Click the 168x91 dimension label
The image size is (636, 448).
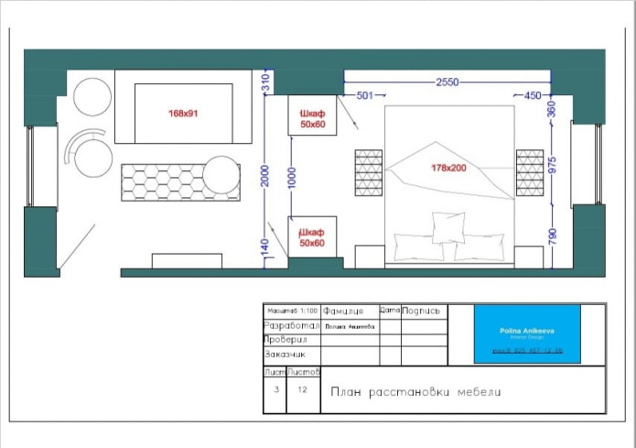183,114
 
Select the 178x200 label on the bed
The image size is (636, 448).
449,169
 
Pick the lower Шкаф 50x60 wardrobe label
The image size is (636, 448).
312,237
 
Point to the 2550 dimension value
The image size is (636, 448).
447,82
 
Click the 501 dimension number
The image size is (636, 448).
365,95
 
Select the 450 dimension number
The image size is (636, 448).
534,95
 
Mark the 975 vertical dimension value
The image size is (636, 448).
551,166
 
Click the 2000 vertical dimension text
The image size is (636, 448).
264,175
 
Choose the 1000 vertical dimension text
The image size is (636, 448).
291,176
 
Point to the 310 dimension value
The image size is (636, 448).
264,82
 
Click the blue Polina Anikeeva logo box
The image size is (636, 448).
527,333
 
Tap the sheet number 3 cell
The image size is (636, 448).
275,389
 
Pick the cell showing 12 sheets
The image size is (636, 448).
303,389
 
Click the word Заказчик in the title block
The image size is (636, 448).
286,354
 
